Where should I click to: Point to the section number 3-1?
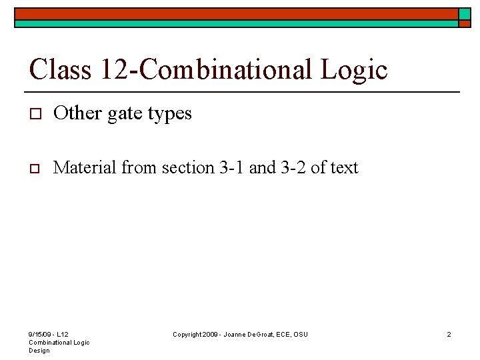231,167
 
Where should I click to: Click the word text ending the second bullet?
344,167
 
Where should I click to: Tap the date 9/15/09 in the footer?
39,334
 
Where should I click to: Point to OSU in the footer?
301,334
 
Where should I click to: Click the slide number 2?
449,334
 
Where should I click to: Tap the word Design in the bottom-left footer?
39,350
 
